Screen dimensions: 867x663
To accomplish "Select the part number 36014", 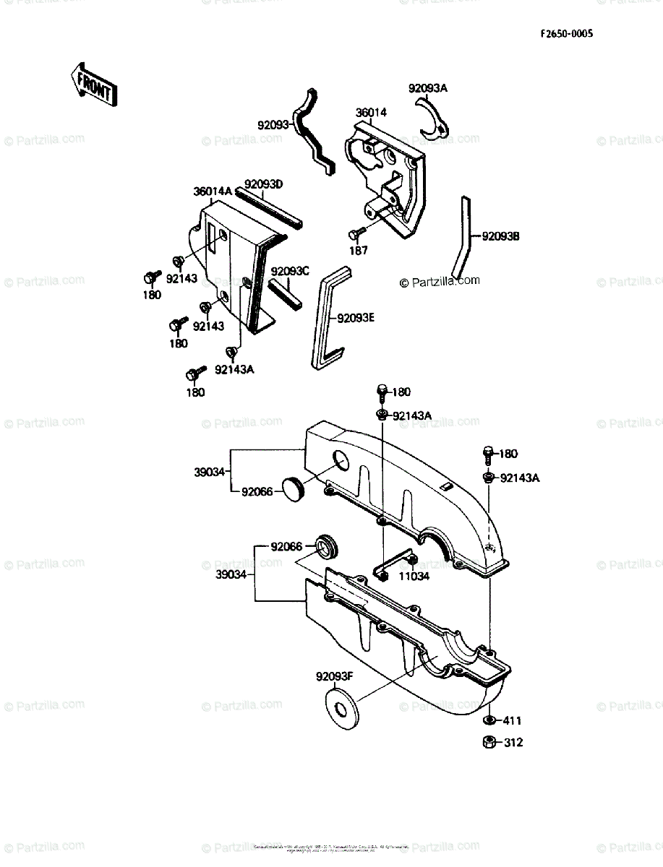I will coord(371,113).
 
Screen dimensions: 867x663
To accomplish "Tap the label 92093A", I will coord(428,88).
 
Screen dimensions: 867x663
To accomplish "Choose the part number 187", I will coord(359,251).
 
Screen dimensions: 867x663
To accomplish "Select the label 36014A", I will coord(213,191).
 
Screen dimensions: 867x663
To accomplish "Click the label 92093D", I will coord(263,184).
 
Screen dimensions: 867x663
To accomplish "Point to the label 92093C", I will coord(290,271).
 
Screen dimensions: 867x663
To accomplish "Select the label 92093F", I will coord(334,677).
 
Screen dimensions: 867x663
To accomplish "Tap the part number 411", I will coord(513,720).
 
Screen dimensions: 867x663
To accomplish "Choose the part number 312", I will coord(513,742).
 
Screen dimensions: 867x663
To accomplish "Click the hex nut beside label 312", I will coord(489,742).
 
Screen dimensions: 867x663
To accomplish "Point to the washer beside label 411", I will coord(489,720).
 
